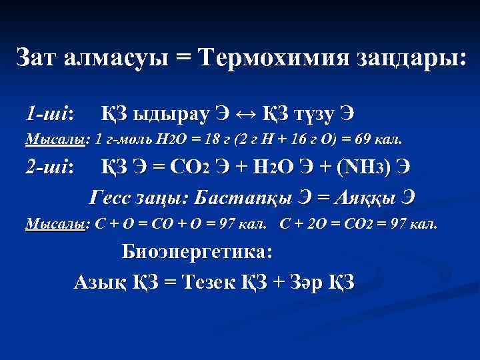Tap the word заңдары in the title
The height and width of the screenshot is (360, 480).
click(x=418, y=57)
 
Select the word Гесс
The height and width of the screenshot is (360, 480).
click(x=114, y=197)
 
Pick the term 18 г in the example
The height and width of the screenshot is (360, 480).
click(x=215, y=140)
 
